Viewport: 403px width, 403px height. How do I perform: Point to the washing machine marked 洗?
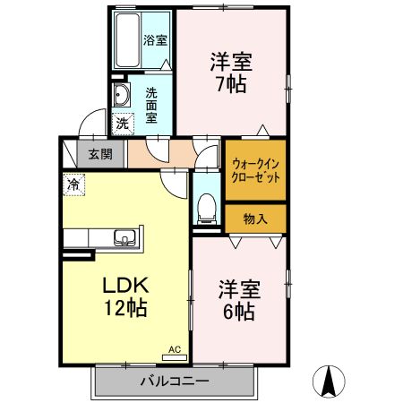[x=120, y=122]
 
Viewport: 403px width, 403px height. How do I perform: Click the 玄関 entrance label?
[x=100, y=153]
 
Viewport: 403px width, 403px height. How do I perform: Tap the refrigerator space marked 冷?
[x=71, y=184]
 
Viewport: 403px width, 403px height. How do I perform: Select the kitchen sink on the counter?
[x=124, y=237]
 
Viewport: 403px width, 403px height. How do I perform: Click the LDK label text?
[x=131, y=287]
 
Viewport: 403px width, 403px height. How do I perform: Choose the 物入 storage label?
[x=255, y=218]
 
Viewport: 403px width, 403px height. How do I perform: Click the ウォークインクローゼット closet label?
[x=255, y=170]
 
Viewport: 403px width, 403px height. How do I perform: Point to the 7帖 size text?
[x=231, y=85]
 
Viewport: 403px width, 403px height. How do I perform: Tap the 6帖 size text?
[x=238, y=313]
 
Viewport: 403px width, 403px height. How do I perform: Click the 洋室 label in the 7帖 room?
[x=231, y=63]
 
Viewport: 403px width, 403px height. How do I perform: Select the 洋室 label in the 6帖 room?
[x=238, y=291]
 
